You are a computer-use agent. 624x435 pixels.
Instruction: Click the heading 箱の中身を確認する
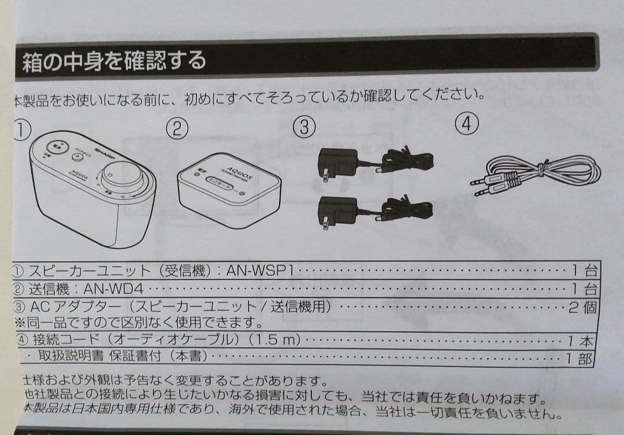click(113, 60)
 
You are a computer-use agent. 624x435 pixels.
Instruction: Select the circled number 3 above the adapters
click(304, 127)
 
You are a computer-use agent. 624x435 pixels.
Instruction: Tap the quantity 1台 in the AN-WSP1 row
click(584, 270)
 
